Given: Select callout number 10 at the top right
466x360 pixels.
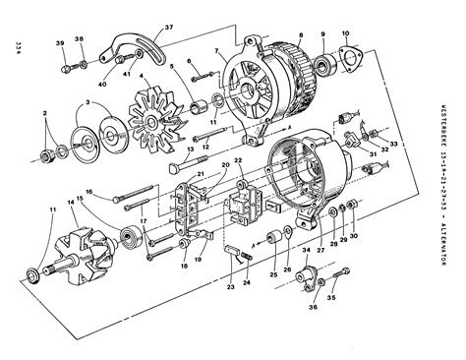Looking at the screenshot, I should click(343, 33).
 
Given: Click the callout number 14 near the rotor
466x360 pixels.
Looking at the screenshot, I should click(70, 202).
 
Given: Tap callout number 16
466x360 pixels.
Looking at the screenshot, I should click(87, 192).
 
